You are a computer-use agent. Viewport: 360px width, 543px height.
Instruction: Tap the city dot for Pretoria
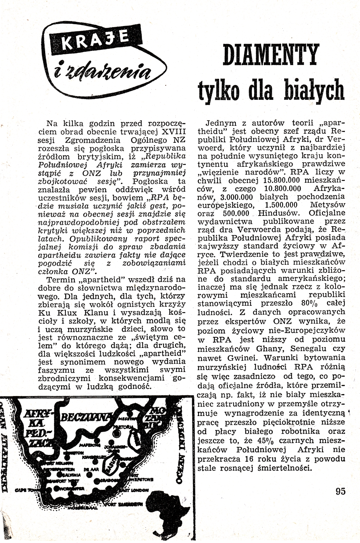(117, 435)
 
